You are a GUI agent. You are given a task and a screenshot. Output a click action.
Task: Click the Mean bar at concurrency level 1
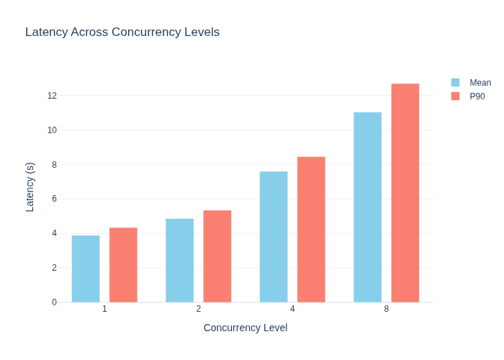click(x=86, y=269)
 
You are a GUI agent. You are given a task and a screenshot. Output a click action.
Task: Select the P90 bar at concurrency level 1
click(x=123, y=265)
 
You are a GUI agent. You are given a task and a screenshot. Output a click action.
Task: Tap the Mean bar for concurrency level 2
click(x=180, y=261)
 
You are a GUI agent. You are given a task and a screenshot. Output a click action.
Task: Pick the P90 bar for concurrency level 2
click(x=217, y=256)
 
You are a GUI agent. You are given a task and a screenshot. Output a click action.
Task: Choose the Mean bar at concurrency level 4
click(x=274, y=237)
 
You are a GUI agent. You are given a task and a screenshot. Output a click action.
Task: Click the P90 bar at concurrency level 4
click(x=311, y=230)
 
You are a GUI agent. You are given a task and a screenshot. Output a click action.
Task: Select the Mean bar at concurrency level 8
click(x=368, y=207)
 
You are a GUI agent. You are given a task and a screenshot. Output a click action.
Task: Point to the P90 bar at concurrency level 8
click(x=405, y=193)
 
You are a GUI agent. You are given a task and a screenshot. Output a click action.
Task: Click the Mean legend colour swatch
click(x=456, y=83)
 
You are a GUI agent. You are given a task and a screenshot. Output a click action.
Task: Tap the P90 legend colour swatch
click(x=456, y=96)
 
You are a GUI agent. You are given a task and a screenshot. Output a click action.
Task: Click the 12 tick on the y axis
click(x=52, y=96)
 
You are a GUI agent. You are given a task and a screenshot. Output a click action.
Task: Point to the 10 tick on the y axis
click(x=52, y=130)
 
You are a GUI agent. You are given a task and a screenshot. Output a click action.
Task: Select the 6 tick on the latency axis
click(x=54, y=199)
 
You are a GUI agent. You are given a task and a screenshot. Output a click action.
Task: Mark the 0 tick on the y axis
click(x=54, y=302)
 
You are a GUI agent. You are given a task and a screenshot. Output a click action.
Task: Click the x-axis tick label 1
click(x=104, y=309)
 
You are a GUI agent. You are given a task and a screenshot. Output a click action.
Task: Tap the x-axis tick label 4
click(x=292, y=309)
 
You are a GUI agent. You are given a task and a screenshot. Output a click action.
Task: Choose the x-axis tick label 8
click(x=387, y=309)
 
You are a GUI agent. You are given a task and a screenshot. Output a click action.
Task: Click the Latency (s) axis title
click(x=30, y=187)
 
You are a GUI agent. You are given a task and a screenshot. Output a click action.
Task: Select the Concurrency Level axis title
click(x=246, y=328)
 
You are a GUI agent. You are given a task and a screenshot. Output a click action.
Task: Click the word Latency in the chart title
click(x=47, y=32)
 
